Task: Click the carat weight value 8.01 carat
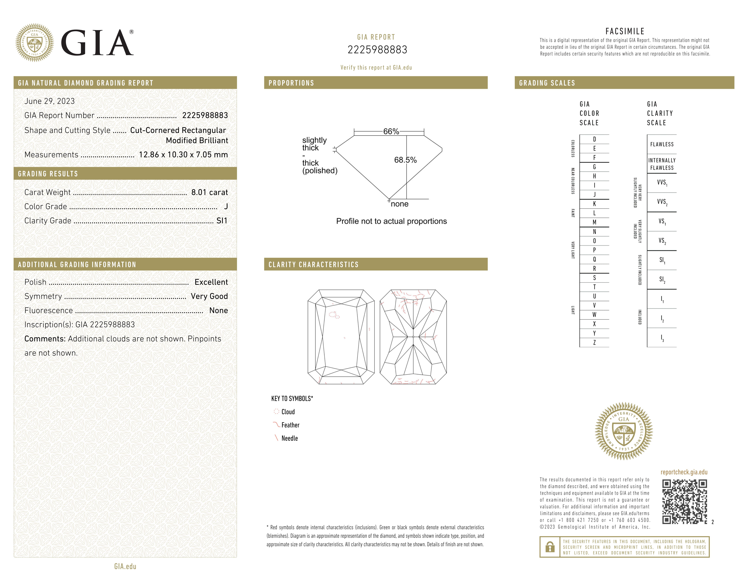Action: click(209, 192)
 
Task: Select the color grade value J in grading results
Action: click(226, 206)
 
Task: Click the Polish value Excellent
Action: click(211, 282)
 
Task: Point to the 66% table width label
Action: click(391, 132)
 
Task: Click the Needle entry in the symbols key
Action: click(289, 438)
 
